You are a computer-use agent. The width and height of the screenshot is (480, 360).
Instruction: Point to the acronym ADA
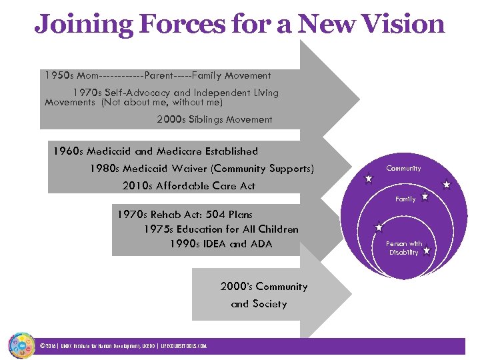coord(261,244)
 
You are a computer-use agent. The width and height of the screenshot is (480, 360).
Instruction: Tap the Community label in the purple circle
coord(403,169)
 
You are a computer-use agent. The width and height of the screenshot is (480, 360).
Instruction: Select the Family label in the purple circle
coord(405,199)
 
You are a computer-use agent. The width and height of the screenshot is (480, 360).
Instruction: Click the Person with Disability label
coord(404,248)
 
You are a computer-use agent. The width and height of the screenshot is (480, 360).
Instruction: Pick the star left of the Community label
coord(368,178)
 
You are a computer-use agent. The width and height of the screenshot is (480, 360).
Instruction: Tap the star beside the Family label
coord(425,197)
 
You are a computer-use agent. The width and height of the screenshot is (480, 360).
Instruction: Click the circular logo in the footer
coord(21,345)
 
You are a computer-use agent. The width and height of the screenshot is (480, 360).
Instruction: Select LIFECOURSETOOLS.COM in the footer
coord(184,346)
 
